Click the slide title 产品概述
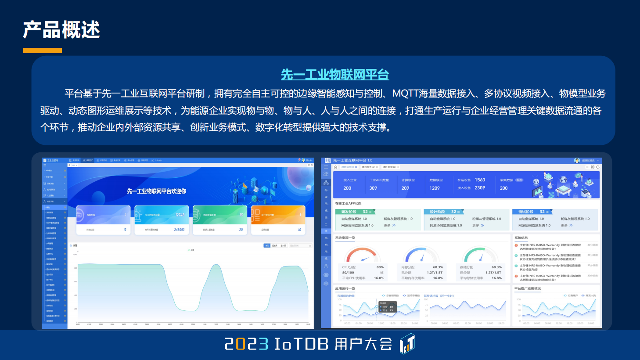pos(61,30)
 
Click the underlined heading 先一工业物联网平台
pos(335,75)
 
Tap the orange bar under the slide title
pos(43,50)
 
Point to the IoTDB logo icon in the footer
pos(407,344)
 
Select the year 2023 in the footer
pos(246,344)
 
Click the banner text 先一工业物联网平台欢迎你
pos(157,191)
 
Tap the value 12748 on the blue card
pos(180,215)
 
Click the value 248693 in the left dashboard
pos(179,230)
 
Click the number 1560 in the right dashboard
pos(480,180)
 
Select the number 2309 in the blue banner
pos(480,188)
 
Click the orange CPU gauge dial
pos(363,255)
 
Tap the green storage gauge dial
pos(480,255)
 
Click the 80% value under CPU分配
pos(380,267)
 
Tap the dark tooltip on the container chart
pos(387,307)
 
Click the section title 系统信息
pos(521,238)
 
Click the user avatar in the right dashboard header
pos(577,161)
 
